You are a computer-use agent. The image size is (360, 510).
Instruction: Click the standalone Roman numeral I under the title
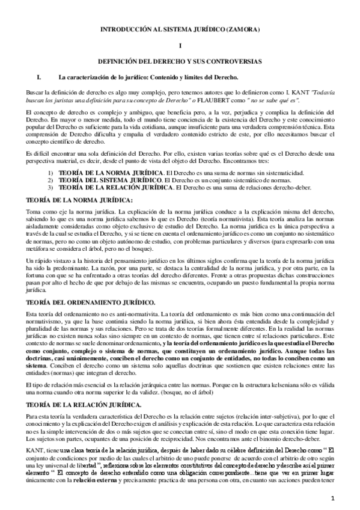point(180,45)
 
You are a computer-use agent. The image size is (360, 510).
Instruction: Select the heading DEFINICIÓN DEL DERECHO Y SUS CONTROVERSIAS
point(180,61)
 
